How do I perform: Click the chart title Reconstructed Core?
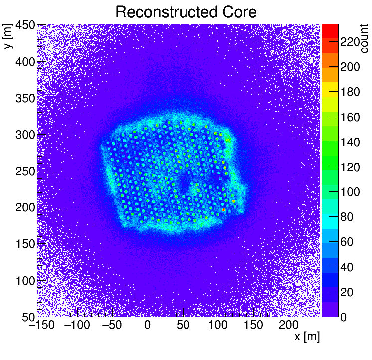tap(186, 12)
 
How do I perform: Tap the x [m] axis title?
tap(306, 337)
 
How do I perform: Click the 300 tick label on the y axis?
tap(24, 135)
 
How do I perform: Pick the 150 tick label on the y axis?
tap(24, 244)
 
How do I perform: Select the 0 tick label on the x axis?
tap(148, 326)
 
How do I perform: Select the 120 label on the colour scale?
tap(350, 167)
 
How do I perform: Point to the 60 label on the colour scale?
tap(350, 242)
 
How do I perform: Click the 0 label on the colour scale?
tap(344, 317)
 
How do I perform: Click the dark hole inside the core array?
tap(185, 183)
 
